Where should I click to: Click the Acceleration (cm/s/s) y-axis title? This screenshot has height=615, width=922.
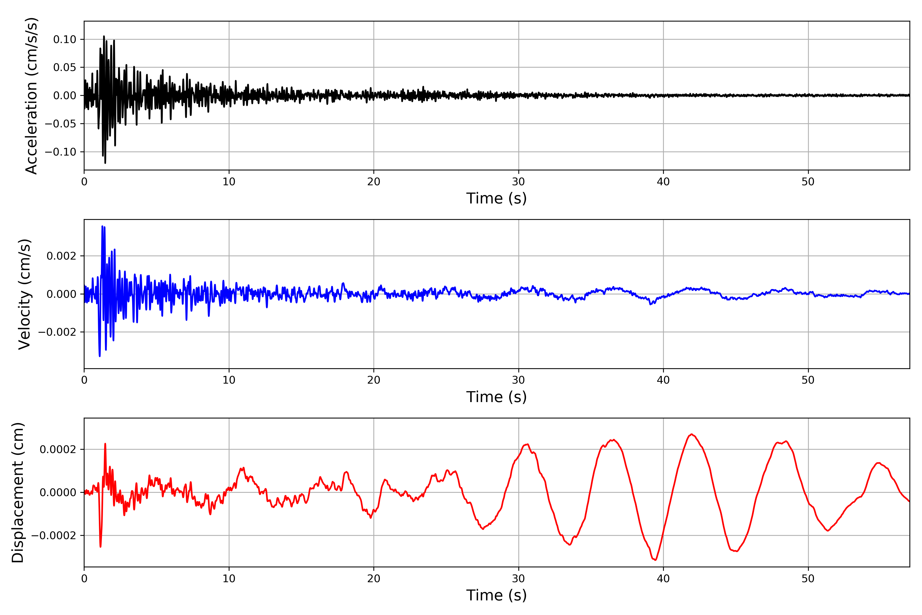click(x=31, y=95)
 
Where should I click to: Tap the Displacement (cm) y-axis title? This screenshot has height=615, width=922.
click(x=18, y=492)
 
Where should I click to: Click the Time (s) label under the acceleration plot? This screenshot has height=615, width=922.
click(x=496, y=198)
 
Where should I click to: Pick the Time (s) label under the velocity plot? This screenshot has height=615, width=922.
click(x=496, y=397)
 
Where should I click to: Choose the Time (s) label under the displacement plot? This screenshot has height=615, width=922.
click(x=496, y=595)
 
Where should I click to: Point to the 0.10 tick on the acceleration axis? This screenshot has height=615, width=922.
click(x=65, y=39)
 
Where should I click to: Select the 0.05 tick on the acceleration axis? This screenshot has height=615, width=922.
click(x=65, y=67)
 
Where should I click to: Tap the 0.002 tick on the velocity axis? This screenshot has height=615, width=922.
click(x=61, y=256)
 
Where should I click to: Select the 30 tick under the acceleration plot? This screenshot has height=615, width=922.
click(x=518, y=182)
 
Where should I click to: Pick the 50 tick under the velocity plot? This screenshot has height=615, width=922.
click(x=808, y=380)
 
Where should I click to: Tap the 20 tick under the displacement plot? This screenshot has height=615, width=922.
click(x=374, y=579)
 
